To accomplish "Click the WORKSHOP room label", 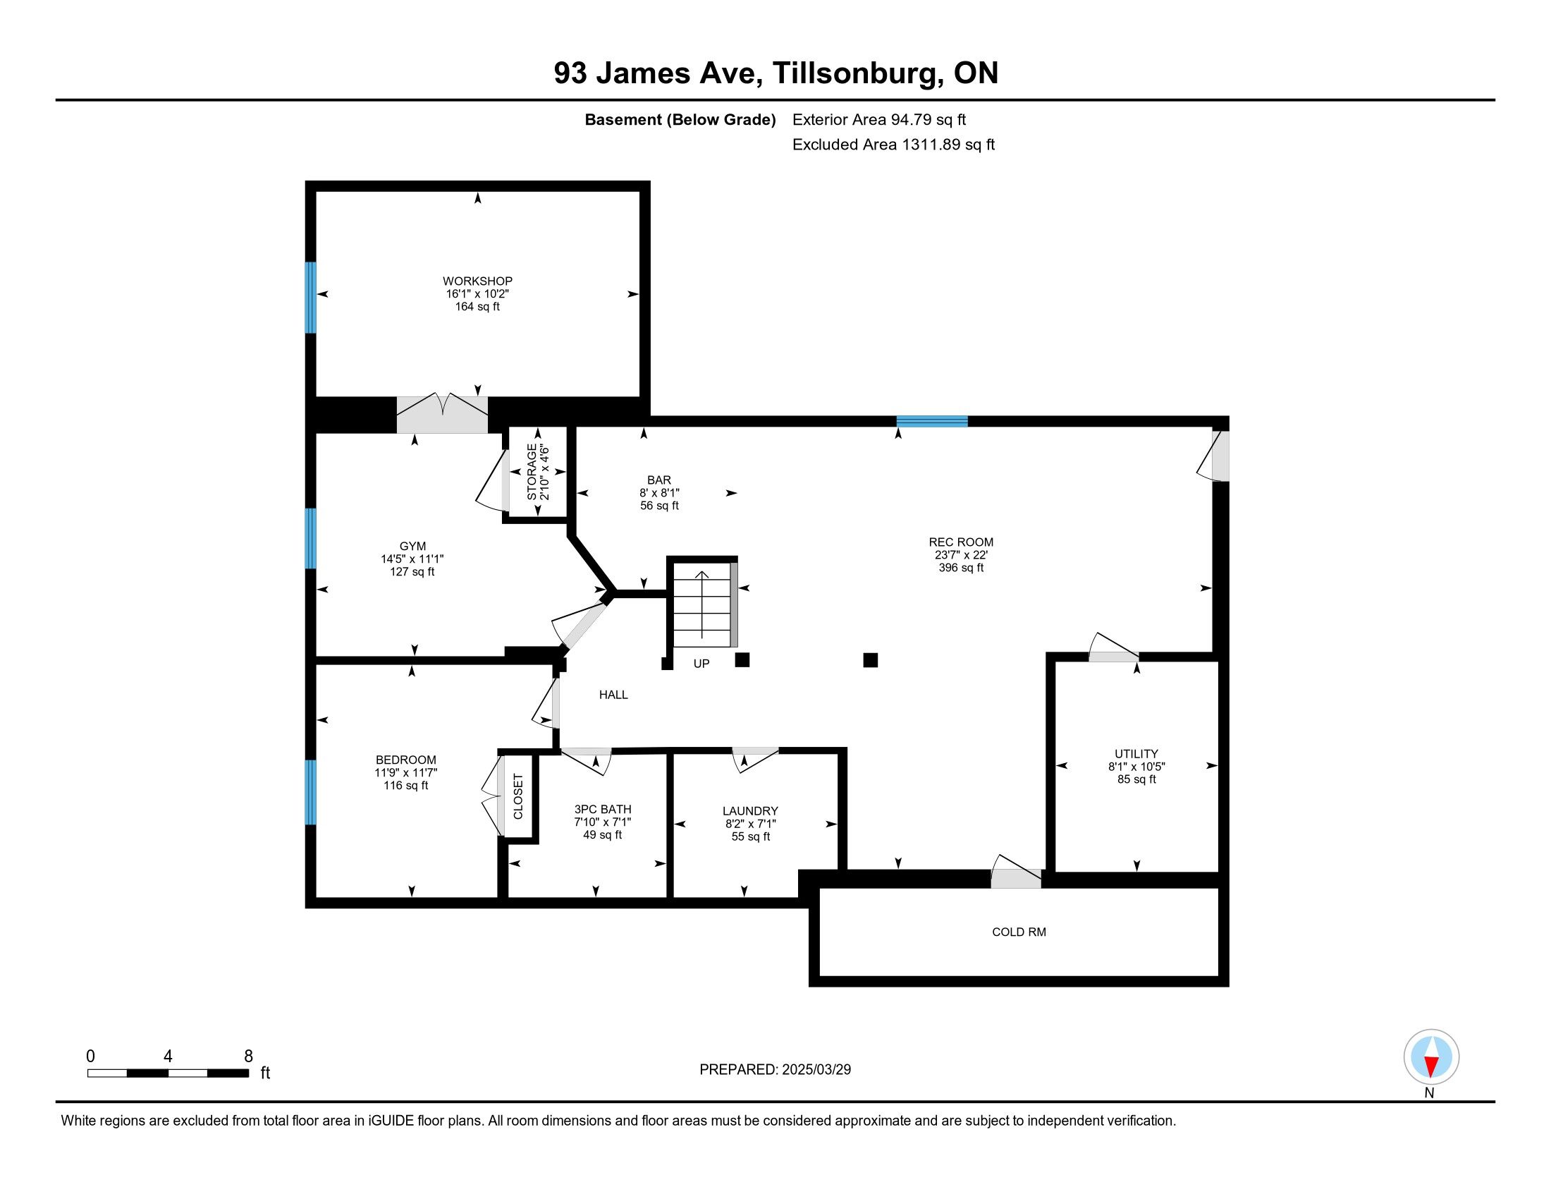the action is coord(477,281).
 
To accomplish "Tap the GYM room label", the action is coord(412,546).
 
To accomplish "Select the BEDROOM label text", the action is coord(406,760).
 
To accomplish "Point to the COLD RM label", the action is coord(1019,932).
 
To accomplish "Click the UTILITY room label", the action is coord(1136,754).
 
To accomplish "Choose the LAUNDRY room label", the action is coord(751,810).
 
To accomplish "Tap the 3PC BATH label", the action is coord(603,809).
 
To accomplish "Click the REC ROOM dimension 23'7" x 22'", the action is coord(962,555).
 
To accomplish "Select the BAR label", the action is coord(659,480).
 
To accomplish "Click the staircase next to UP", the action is coord(702,603).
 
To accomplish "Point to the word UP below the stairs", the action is coord(701,664).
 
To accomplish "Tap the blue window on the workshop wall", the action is coord(310,298).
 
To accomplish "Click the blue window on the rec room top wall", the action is coord(933,421).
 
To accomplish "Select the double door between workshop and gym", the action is coord(442,414).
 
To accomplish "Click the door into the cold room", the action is coord(1016,873).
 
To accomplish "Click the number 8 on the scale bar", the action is coord(249,1057).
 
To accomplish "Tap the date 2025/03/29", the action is coord(816,1070).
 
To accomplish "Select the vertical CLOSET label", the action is coord(517,796).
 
